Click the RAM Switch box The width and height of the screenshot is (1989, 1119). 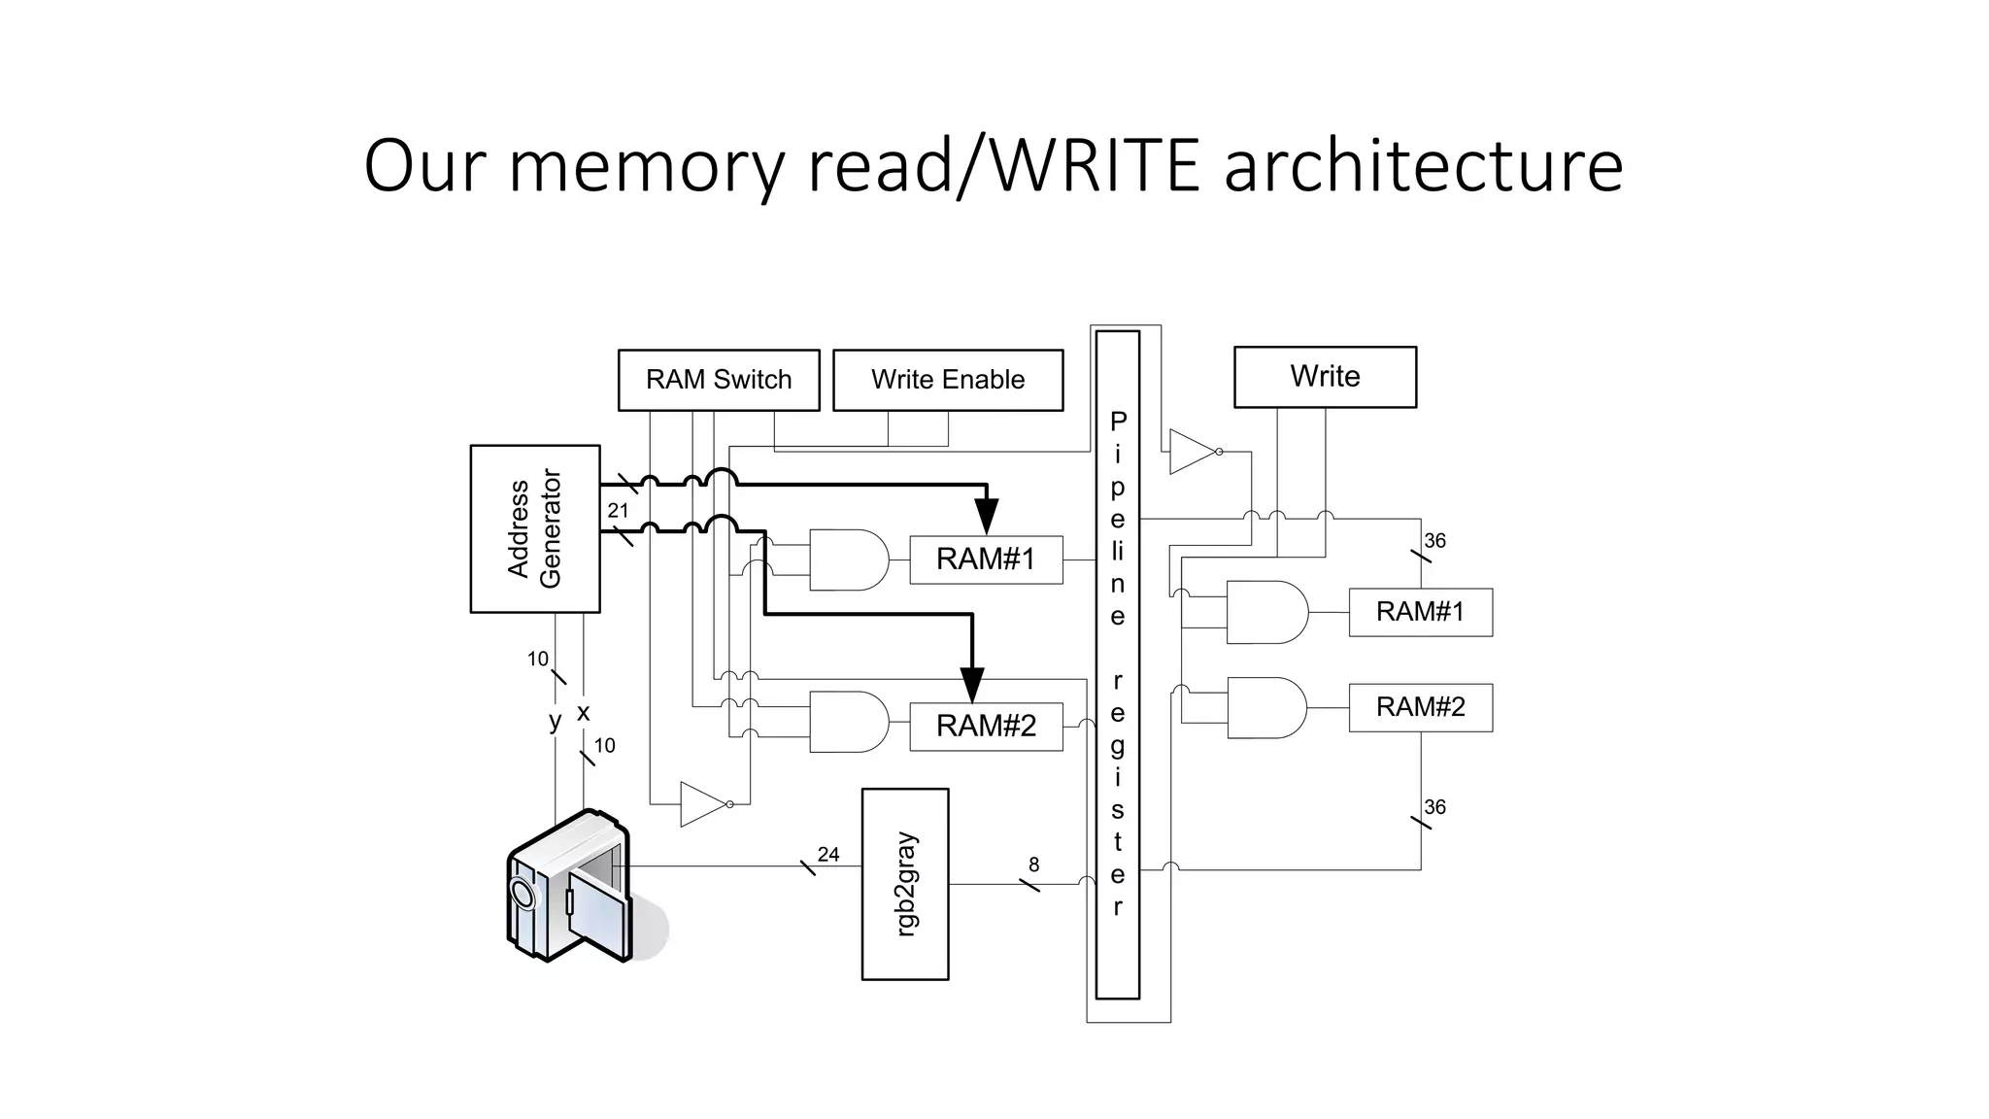click(x=719, y=380)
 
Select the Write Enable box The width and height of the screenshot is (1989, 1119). click(x=948, y=380)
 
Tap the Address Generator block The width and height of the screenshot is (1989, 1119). click(x=534, y=528)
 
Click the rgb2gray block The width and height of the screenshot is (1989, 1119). click(x=905, y=883)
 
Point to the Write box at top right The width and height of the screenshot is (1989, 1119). click(x=1325, y=377)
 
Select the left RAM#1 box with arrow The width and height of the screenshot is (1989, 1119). click(x=986, y=559)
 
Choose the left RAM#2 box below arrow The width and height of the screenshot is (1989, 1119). click(x=986, y=727)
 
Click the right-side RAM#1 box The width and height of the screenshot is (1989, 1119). click(x=1420, y=612)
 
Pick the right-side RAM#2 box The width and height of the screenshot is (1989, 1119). click(x=1420, y=707)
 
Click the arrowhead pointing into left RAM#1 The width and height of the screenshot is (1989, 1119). click(x=987, y=515)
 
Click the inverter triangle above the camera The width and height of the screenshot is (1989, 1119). click(x=703, y=804)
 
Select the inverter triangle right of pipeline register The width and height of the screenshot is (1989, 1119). click(x=1193, y=452)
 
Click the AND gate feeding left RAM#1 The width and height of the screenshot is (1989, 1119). click(x=848, y=559)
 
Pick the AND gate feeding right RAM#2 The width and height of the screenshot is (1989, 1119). click(x=1266, y=708)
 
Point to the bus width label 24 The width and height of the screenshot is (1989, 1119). click(x=828, y=854)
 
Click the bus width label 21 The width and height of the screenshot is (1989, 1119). click(x=619, y=510)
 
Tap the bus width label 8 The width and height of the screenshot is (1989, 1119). click(x=1034, y=864)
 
